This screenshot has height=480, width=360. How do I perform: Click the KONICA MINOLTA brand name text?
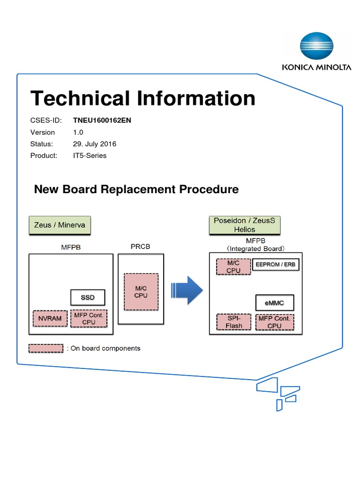[316, 67]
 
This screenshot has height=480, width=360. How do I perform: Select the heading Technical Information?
[143, 99]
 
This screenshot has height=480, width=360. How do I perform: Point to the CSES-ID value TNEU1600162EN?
[102, 120]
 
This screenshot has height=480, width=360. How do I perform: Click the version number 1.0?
[78, 132]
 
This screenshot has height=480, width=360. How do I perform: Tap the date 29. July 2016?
[94, 144]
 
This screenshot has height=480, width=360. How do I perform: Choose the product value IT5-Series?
[90, 156]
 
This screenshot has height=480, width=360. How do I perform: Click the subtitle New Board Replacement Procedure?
[136, 189]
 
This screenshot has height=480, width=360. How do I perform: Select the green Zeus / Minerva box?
[60, 225]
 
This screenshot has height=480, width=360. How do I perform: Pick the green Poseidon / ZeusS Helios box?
[244, 225]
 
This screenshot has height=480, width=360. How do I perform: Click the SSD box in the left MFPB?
[88, 297]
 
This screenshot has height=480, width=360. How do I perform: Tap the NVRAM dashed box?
[50, 318]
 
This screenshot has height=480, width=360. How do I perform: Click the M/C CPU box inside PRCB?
[141, 292]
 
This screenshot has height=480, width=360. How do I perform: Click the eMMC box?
[276, 303]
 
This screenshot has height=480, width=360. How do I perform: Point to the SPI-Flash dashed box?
[234, 322]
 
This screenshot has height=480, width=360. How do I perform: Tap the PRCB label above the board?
[140, 246]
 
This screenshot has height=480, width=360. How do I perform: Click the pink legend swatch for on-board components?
[46, 348]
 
